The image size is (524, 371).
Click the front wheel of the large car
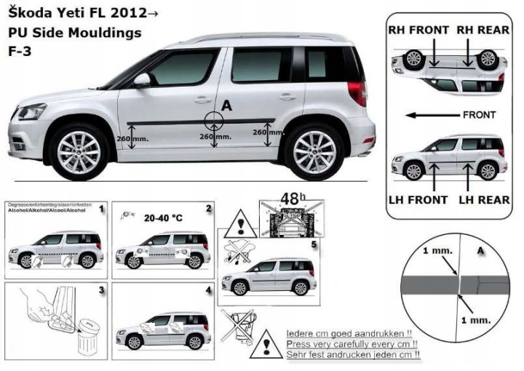click(79, 151)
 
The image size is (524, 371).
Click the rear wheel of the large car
click(314, 151)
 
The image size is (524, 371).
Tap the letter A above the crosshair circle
click(226, 106)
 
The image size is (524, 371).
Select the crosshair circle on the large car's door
click(215, 121)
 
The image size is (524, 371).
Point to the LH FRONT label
click(418, 198)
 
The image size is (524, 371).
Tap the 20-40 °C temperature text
click(164, 218)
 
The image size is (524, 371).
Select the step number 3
click(102, 290)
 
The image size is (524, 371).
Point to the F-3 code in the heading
click(20, 52)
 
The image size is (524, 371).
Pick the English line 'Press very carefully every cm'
click(353, 343)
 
